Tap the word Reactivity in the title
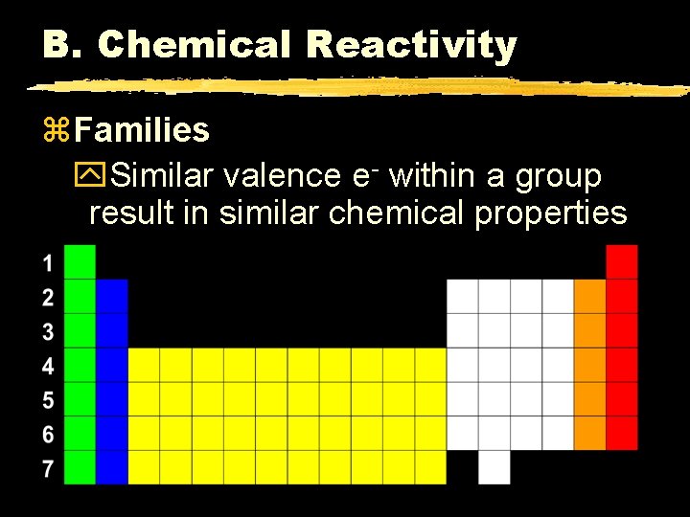tap(411, 45)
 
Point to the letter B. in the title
tap(64, 44)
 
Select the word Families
tap(141, 129)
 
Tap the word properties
tap(550, 214)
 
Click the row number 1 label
tap(48, 262)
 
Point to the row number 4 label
tap(48, 366)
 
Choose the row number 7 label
tap(48, 468)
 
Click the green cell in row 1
tap(80, 261)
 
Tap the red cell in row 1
tap(622, 261)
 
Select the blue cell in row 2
tap(112, 296)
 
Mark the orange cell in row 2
tap(590, 296)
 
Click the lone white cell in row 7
tap(494, 467)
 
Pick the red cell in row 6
tap(622, 433)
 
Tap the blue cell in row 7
tap(112, 467)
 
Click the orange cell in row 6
tap(590, 433)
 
